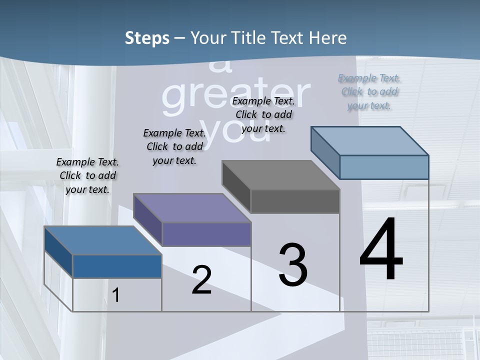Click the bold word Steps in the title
pos(147,38)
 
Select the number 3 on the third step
pos(293,265)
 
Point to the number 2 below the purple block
pos(201,280)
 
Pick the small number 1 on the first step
pos(116,295)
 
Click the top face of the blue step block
pos(102,240)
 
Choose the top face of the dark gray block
pos(280,175)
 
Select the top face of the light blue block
pos(369,141)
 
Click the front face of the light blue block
pos(384,167)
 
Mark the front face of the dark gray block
pos(295,201)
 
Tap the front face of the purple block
pos(206,234)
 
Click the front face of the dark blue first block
pos(117,266)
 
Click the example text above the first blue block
pos(87,175)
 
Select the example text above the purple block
pos(174,146)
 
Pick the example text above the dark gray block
pos(263,114)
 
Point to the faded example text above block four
pos(369,92)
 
